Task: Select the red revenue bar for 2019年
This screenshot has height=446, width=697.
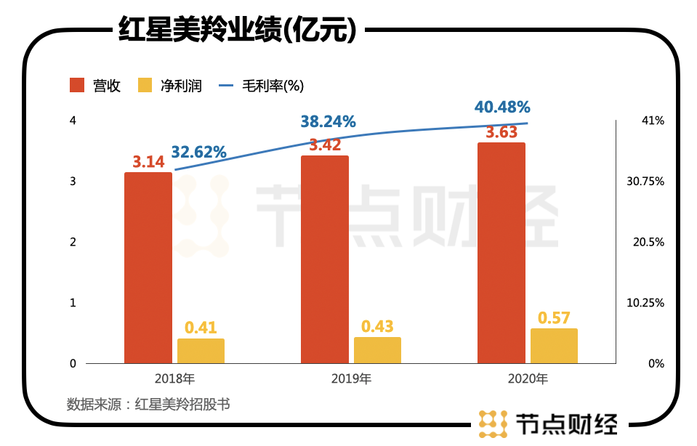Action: (325, 259)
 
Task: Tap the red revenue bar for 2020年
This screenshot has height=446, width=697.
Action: (501, 253)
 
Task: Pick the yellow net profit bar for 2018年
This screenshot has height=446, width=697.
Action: (201, 351)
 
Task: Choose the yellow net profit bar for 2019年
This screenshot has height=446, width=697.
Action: (377, 350)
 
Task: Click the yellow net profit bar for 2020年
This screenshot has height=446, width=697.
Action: (554, 346)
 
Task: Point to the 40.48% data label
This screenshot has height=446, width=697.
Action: (502, 107)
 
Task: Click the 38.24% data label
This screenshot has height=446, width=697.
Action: (329, 122)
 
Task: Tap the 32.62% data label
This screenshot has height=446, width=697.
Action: (199, 153)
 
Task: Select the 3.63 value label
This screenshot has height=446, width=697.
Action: (501, 133)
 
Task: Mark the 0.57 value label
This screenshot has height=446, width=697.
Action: (554, 318)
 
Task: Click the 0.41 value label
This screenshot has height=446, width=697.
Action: (201, 328)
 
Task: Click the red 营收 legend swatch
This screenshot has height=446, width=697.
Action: (78, 85)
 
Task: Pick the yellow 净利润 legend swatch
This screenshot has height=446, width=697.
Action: (145, 85)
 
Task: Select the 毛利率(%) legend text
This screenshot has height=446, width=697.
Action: (268, 85)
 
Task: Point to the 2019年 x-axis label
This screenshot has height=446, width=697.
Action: (351, 378)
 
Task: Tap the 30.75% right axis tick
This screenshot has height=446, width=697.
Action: (645, 182)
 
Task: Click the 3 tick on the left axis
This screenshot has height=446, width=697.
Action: (73, 182)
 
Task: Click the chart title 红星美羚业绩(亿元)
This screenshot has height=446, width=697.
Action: (237, 30)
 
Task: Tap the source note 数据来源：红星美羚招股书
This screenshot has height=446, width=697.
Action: (148, 404)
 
